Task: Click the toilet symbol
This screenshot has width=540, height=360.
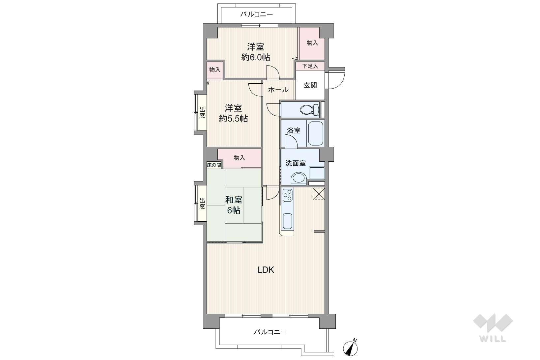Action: pos(309,110)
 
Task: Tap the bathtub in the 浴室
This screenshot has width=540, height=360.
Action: pos(316,133)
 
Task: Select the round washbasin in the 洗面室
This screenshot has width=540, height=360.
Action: pos(299,179)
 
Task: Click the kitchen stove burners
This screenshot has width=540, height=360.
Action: pos(288,195)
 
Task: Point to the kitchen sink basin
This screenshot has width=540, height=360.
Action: pos(287,221)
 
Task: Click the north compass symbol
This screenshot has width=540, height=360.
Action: pos(350,348)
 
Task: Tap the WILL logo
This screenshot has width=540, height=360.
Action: pos(493,328)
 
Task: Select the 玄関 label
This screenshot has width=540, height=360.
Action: pos(310,85)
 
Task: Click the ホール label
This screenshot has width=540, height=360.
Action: pos(278,90)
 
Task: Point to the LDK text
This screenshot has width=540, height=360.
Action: pos(266,270)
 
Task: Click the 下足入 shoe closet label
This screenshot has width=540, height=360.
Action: pos(310,66)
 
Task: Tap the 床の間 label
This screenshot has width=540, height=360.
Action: pos(214,165)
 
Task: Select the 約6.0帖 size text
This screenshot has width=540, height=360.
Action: pos(256,57)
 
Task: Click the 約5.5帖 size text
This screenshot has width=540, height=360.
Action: pos(233,119)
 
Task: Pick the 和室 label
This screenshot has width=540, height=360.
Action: pos(234,200)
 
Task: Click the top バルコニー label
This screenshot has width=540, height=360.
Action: pos(257,14)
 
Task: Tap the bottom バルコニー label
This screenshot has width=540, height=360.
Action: pos(270,332)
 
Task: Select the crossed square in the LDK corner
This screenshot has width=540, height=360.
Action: pos(319,194)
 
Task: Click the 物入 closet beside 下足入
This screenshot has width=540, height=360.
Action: pos(312,43)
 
